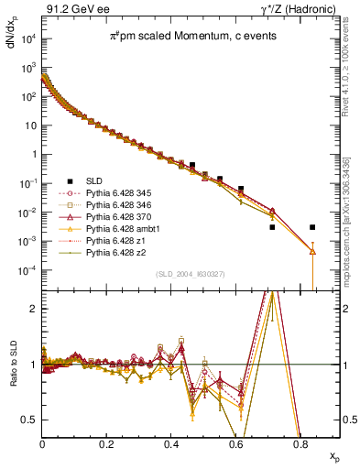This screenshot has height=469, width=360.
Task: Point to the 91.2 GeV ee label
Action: [x=73, y=9]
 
